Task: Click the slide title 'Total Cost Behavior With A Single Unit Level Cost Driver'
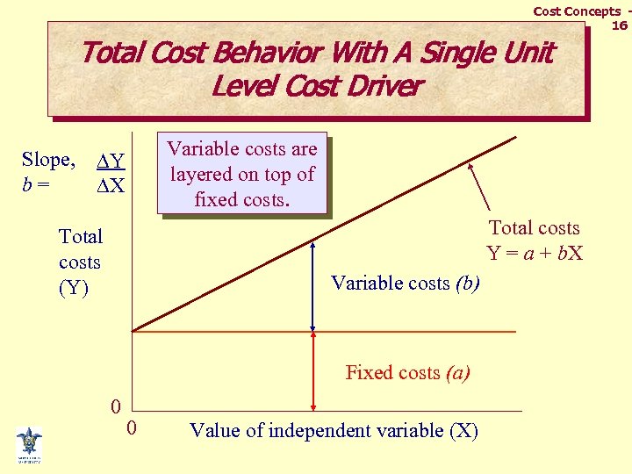tap(316, 68)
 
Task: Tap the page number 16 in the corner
tap(619, 26)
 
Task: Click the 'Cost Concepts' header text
tap(577, 11)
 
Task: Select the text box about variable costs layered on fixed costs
tap(242, 174)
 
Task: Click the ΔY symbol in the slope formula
tap(111, 162)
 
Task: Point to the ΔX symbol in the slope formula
tap(111, 186)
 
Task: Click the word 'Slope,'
tap(48, 160)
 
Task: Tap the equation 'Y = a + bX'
tap(534, 255)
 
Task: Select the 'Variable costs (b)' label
tap(405, 283)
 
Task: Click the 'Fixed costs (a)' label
tap(407, 372)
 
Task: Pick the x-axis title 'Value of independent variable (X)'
tap(334, 430)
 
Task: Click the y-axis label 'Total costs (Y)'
tap(80, 262)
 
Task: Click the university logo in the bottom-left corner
tap(29, 444)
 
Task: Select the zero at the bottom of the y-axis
tap(115, 407)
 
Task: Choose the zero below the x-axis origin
tap(131, 428)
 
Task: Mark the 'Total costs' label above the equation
tap(534, 228)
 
